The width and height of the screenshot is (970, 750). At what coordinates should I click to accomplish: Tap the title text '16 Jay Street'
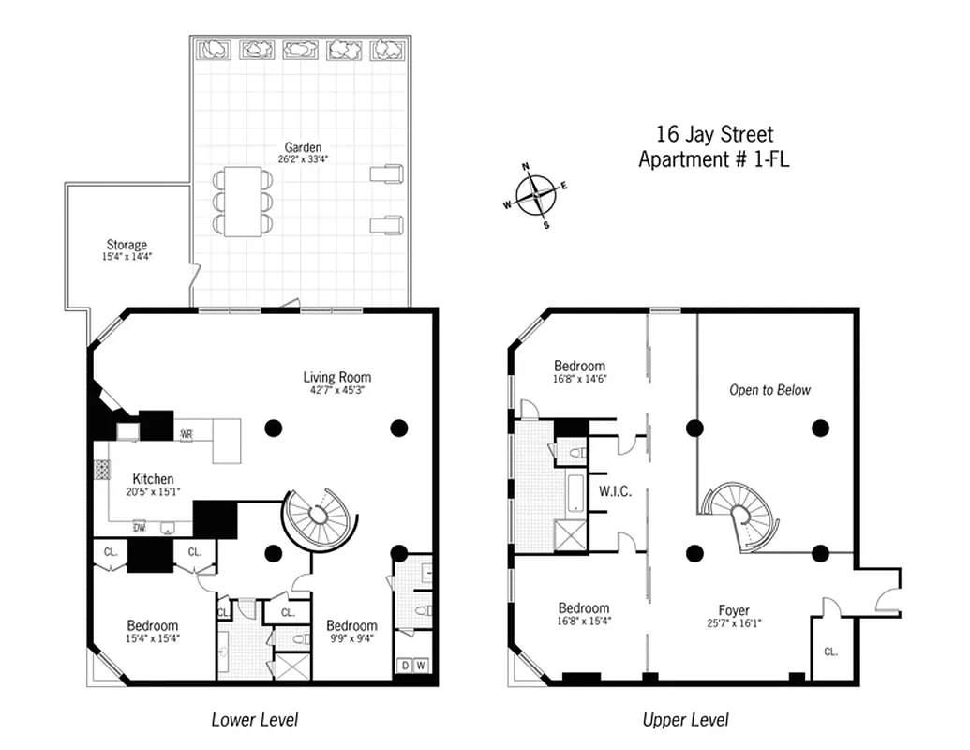coord(714,135)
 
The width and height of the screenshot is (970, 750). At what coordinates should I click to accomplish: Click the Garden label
coord(303,147)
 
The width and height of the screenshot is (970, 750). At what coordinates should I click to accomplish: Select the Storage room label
coord(127,245)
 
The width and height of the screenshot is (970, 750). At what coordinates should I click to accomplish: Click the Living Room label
coord(336,377)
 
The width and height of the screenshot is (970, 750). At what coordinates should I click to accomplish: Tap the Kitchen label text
coord(153,478)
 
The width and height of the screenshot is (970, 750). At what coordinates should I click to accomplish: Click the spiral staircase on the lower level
coord(318,516)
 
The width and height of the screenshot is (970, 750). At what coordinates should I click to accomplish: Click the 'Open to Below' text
coord(769,390)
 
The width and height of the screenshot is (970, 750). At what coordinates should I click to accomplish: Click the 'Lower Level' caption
coord(254,720)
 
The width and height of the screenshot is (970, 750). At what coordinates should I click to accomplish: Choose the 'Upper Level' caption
coord(685,720)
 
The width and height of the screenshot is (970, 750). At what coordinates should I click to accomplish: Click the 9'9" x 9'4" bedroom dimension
coord(351,639)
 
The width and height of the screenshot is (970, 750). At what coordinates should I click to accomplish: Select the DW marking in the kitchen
coord(139,526)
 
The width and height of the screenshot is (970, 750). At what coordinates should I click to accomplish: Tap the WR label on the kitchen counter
coord(187,434)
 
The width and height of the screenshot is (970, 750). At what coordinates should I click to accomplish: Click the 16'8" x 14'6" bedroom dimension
coord(578,379)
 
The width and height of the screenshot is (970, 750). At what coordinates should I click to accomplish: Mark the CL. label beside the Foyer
coord(830,652)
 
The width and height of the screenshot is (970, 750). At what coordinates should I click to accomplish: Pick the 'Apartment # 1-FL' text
coord(713,159)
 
